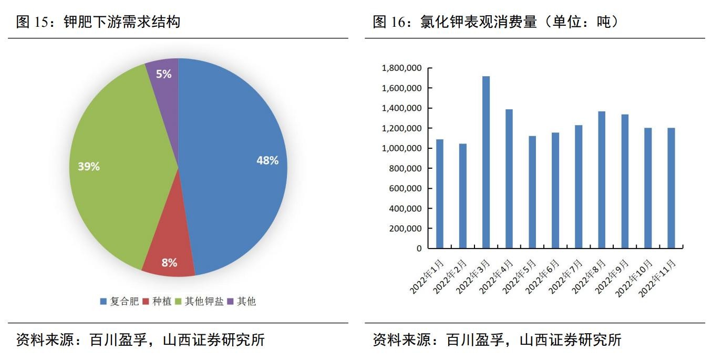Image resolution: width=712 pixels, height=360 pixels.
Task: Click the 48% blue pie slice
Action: click(236, 158)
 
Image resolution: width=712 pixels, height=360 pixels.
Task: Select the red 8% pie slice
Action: click(168, 260)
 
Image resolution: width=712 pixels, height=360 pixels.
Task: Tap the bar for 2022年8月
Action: click(602, 179)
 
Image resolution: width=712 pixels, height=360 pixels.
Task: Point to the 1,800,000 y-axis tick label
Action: click(403, 68)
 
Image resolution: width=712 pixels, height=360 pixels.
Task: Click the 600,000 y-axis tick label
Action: click(406, 188)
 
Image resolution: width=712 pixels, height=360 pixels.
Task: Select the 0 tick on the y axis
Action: click(419, 248)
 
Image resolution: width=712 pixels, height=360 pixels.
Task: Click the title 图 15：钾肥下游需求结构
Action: click(98, 22)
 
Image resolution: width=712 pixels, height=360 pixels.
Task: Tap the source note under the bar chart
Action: click(497, 340)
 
